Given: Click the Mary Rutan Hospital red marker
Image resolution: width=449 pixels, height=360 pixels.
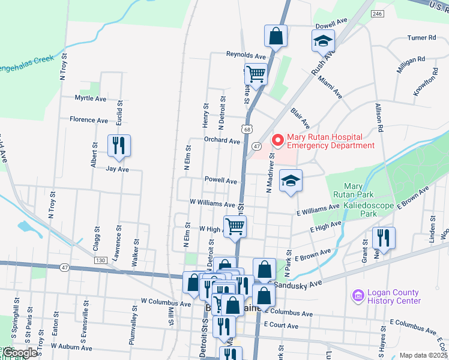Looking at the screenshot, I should point(277,140).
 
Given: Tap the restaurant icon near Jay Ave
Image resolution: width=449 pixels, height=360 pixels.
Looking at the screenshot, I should point(118,146).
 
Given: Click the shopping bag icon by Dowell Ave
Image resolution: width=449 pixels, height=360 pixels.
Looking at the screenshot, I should point(276,35).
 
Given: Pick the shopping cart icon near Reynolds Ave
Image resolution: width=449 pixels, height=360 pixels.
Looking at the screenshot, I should point(256,74).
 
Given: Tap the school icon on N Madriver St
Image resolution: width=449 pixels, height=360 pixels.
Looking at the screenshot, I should point(291,181).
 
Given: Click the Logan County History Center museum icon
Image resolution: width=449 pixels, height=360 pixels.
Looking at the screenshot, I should point(358,296).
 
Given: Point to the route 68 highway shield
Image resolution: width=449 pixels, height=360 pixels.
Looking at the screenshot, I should point(247,129).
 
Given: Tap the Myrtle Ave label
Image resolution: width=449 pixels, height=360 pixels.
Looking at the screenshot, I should point(90,98).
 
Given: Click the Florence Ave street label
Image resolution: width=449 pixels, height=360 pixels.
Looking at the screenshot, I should point(89,120).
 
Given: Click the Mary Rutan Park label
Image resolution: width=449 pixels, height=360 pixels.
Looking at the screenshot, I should point(354,190).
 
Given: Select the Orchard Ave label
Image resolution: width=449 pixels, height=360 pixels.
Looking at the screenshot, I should point(221,142).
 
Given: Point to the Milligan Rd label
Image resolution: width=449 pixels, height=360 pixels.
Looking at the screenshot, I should point(411,62).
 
